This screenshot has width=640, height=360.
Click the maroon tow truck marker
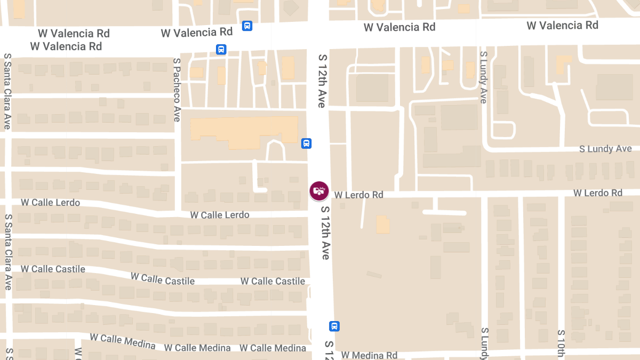coord(319,190)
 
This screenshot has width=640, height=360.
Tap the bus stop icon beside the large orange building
coord(306,143)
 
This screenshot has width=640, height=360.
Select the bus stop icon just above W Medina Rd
coord(334,326)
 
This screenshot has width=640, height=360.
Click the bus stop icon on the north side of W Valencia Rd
coord(247,26)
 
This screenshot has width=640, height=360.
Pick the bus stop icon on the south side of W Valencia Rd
coord(221,50)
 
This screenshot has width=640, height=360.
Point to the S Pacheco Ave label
coord(177,90)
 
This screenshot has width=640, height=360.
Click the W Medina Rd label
coord(369,355)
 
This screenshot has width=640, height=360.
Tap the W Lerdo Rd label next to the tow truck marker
coord(359,195)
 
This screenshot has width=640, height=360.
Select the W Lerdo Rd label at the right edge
coord(598,193)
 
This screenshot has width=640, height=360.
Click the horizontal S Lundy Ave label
coord(605,149)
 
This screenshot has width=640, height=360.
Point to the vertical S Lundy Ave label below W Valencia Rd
coord(483,77)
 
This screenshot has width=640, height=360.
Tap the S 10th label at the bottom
coord(561,344)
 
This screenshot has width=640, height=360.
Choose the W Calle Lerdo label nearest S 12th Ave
coord(220,215)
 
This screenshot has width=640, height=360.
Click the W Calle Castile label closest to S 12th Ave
coord(273,281)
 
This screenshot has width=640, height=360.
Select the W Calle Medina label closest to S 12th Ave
coord(273,348)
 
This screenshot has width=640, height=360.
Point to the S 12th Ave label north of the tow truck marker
coord(321,81)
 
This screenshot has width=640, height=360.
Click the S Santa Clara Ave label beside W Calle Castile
coord(7,252)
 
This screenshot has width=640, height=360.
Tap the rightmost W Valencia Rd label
coord(562,25)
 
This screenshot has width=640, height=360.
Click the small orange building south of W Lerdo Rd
coord(382,224)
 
